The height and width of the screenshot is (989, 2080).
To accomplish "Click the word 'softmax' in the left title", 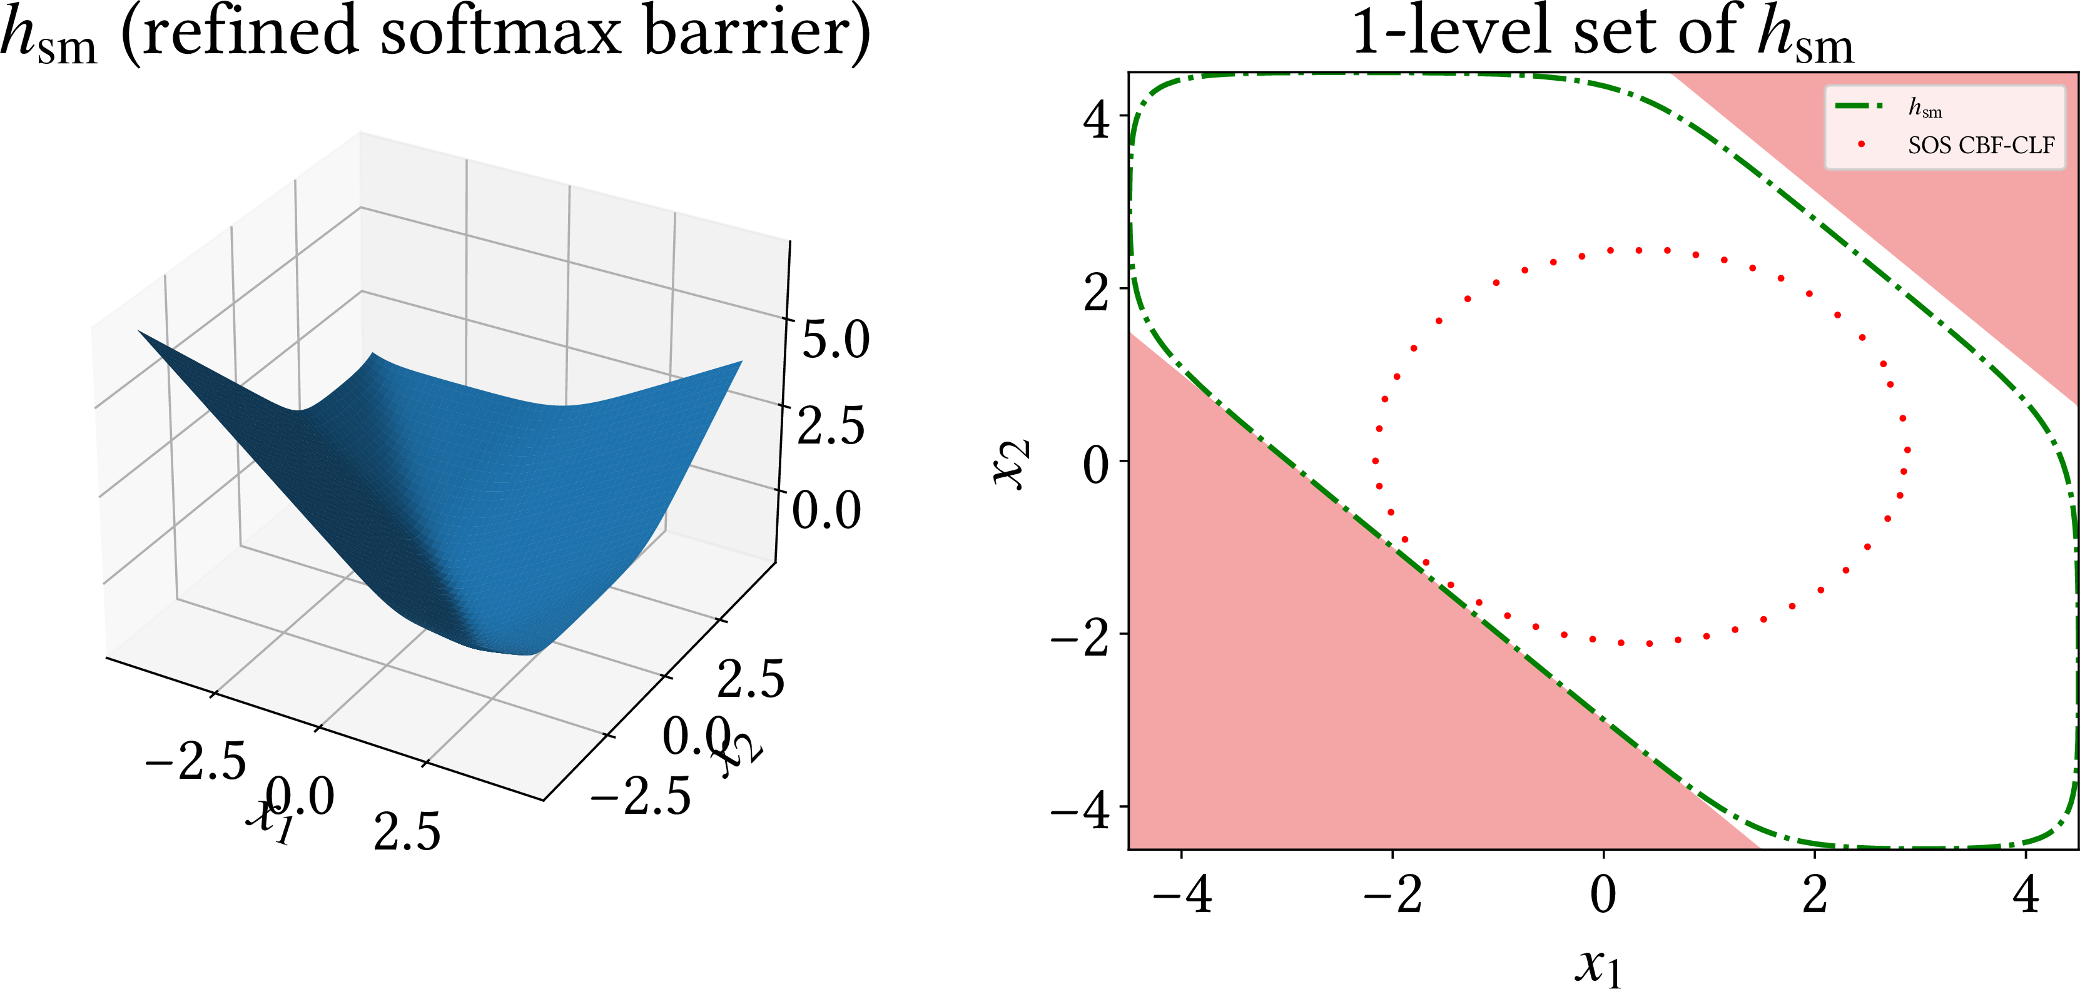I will (500, 33).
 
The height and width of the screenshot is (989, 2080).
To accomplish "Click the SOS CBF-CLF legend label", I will (1981, 145).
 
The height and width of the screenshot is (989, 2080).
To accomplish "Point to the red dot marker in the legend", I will (1860, 145).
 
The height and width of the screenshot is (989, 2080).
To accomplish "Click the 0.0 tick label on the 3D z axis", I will (826, 510).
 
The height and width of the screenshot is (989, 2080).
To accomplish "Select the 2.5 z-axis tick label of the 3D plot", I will (831, 425).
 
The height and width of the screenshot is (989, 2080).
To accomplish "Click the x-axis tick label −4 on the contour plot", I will (1181, 895).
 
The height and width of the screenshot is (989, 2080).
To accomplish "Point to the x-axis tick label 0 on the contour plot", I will (1603, 895).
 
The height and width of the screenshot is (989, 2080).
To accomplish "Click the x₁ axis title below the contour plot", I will (1598, 965).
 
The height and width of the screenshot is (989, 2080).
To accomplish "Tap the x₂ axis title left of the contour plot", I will (1011, 464).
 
